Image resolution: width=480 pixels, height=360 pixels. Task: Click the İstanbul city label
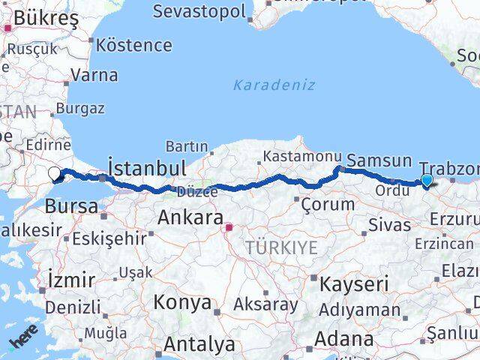point(147,166)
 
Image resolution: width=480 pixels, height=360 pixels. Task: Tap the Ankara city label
point(190,218)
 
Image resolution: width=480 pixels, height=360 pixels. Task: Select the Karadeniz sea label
point(274,85)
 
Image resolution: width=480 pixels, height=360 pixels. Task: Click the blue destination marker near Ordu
point(427,181)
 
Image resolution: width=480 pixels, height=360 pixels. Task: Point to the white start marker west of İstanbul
point(55,175)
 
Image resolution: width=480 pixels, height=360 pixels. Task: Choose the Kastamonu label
point(291,157)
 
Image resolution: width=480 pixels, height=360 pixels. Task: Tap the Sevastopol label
point(199,11)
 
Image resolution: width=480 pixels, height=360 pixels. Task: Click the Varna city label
point(94,75)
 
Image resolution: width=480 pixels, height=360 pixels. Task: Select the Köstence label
point(133,45)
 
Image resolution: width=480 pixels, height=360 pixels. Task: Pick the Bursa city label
point(71,205)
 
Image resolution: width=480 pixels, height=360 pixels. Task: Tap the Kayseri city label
point(354,284)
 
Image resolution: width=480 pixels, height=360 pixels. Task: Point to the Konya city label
point(182,302)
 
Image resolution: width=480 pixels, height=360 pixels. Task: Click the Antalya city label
point(199,344)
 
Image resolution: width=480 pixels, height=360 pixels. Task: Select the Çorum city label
point(327,204)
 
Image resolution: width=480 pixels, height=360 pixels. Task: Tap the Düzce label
point(196,192)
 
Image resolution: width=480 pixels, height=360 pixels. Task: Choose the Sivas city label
point(389,224)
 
